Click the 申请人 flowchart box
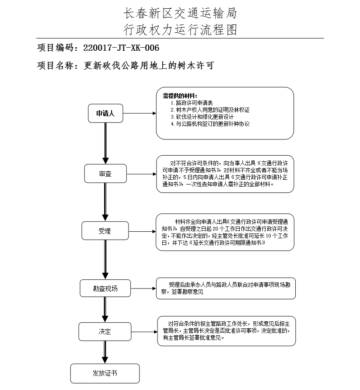[105, 114]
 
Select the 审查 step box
[105, 174]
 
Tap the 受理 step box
[105, 231]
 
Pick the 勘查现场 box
[105, 289]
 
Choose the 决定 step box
[105, 332]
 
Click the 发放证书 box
[105, 373]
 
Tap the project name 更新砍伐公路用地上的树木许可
[149, 66]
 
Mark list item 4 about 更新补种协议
[210, 124]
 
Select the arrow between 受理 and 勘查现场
[105, 260]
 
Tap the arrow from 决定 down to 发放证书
[105, 352]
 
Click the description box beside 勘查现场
[226, 289]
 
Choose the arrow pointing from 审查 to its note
[141, 174]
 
